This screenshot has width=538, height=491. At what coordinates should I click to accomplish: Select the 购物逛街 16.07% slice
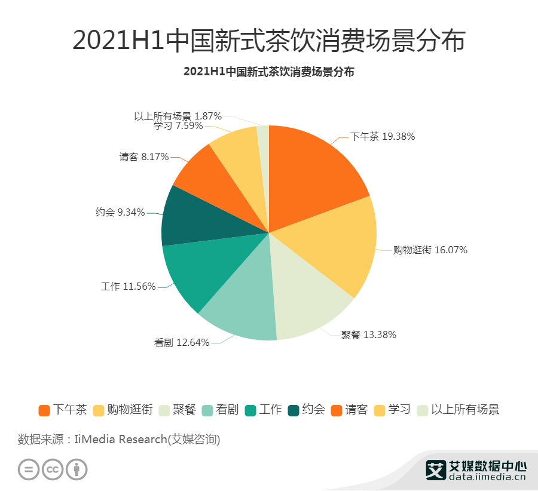coord(335,245)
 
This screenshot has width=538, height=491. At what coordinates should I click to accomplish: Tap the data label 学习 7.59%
coord(178,126)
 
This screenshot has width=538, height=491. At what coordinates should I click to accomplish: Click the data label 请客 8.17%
coord(144,157)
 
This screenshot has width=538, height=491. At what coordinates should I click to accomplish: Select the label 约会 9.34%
coord(120,212)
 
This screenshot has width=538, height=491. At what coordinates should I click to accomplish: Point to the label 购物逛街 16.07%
coord(430,250)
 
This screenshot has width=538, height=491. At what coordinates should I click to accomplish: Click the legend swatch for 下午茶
coord(44,410)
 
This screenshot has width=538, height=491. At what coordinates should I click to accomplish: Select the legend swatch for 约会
coord(293,410)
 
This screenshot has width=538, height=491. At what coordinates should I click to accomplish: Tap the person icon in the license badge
coord(77,469)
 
